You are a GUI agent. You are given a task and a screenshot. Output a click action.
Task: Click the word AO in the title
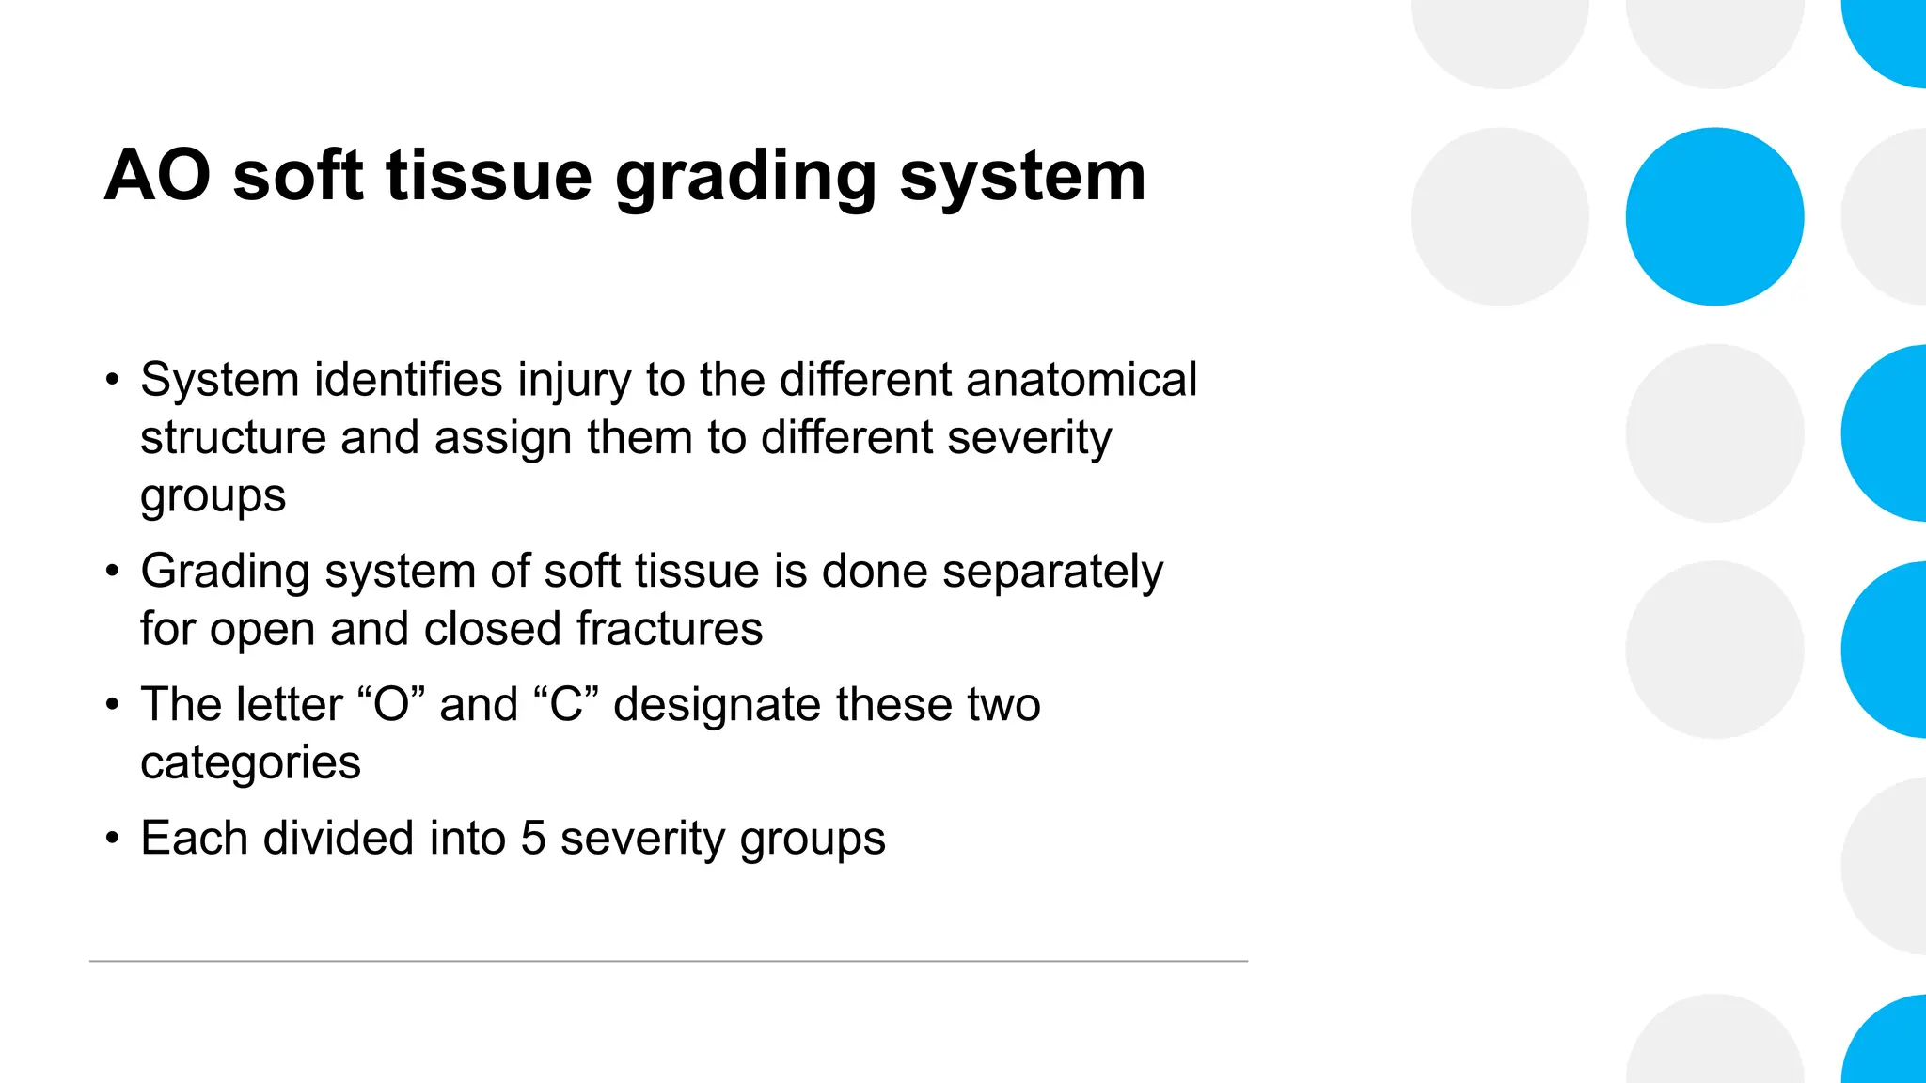click(x=158, y=176)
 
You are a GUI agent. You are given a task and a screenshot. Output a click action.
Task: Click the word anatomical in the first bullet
click(x=1081, y=380)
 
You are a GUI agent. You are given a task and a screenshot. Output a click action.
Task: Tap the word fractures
click(x=670, y=629)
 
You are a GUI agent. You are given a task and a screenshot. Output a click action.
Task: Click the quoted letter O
click(x=392, y=705)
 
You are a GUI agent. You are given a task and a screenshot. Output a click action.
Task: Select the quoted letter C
click(x=566, y=705)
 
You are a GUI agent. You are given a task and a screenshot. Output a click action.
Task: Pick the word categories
click(x=250, y=763)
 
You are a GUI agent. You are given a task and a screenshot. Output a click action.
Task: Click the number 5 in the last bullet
click(x=533, y=839)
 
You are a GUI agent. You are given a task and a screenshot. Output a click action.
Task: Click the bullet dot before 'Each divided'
click(x=113, y=838)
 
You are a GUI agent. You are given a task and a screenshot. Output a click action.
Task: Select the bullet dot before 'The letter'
click(x=113, y=704)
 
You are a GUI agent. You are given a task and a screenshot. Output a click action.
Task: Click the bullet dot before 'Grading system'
click(x=113, y=571)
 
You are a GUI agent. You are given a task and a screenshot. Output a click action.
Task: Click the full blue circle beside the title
click(x=1714, y=216)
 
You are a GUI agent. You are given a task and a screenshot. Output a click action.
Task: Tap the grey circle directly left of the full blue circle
click(x=1499, y=216)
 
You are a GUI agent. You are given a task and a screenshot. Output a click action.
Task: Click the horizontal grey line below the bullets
click(x=668, y=961)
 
